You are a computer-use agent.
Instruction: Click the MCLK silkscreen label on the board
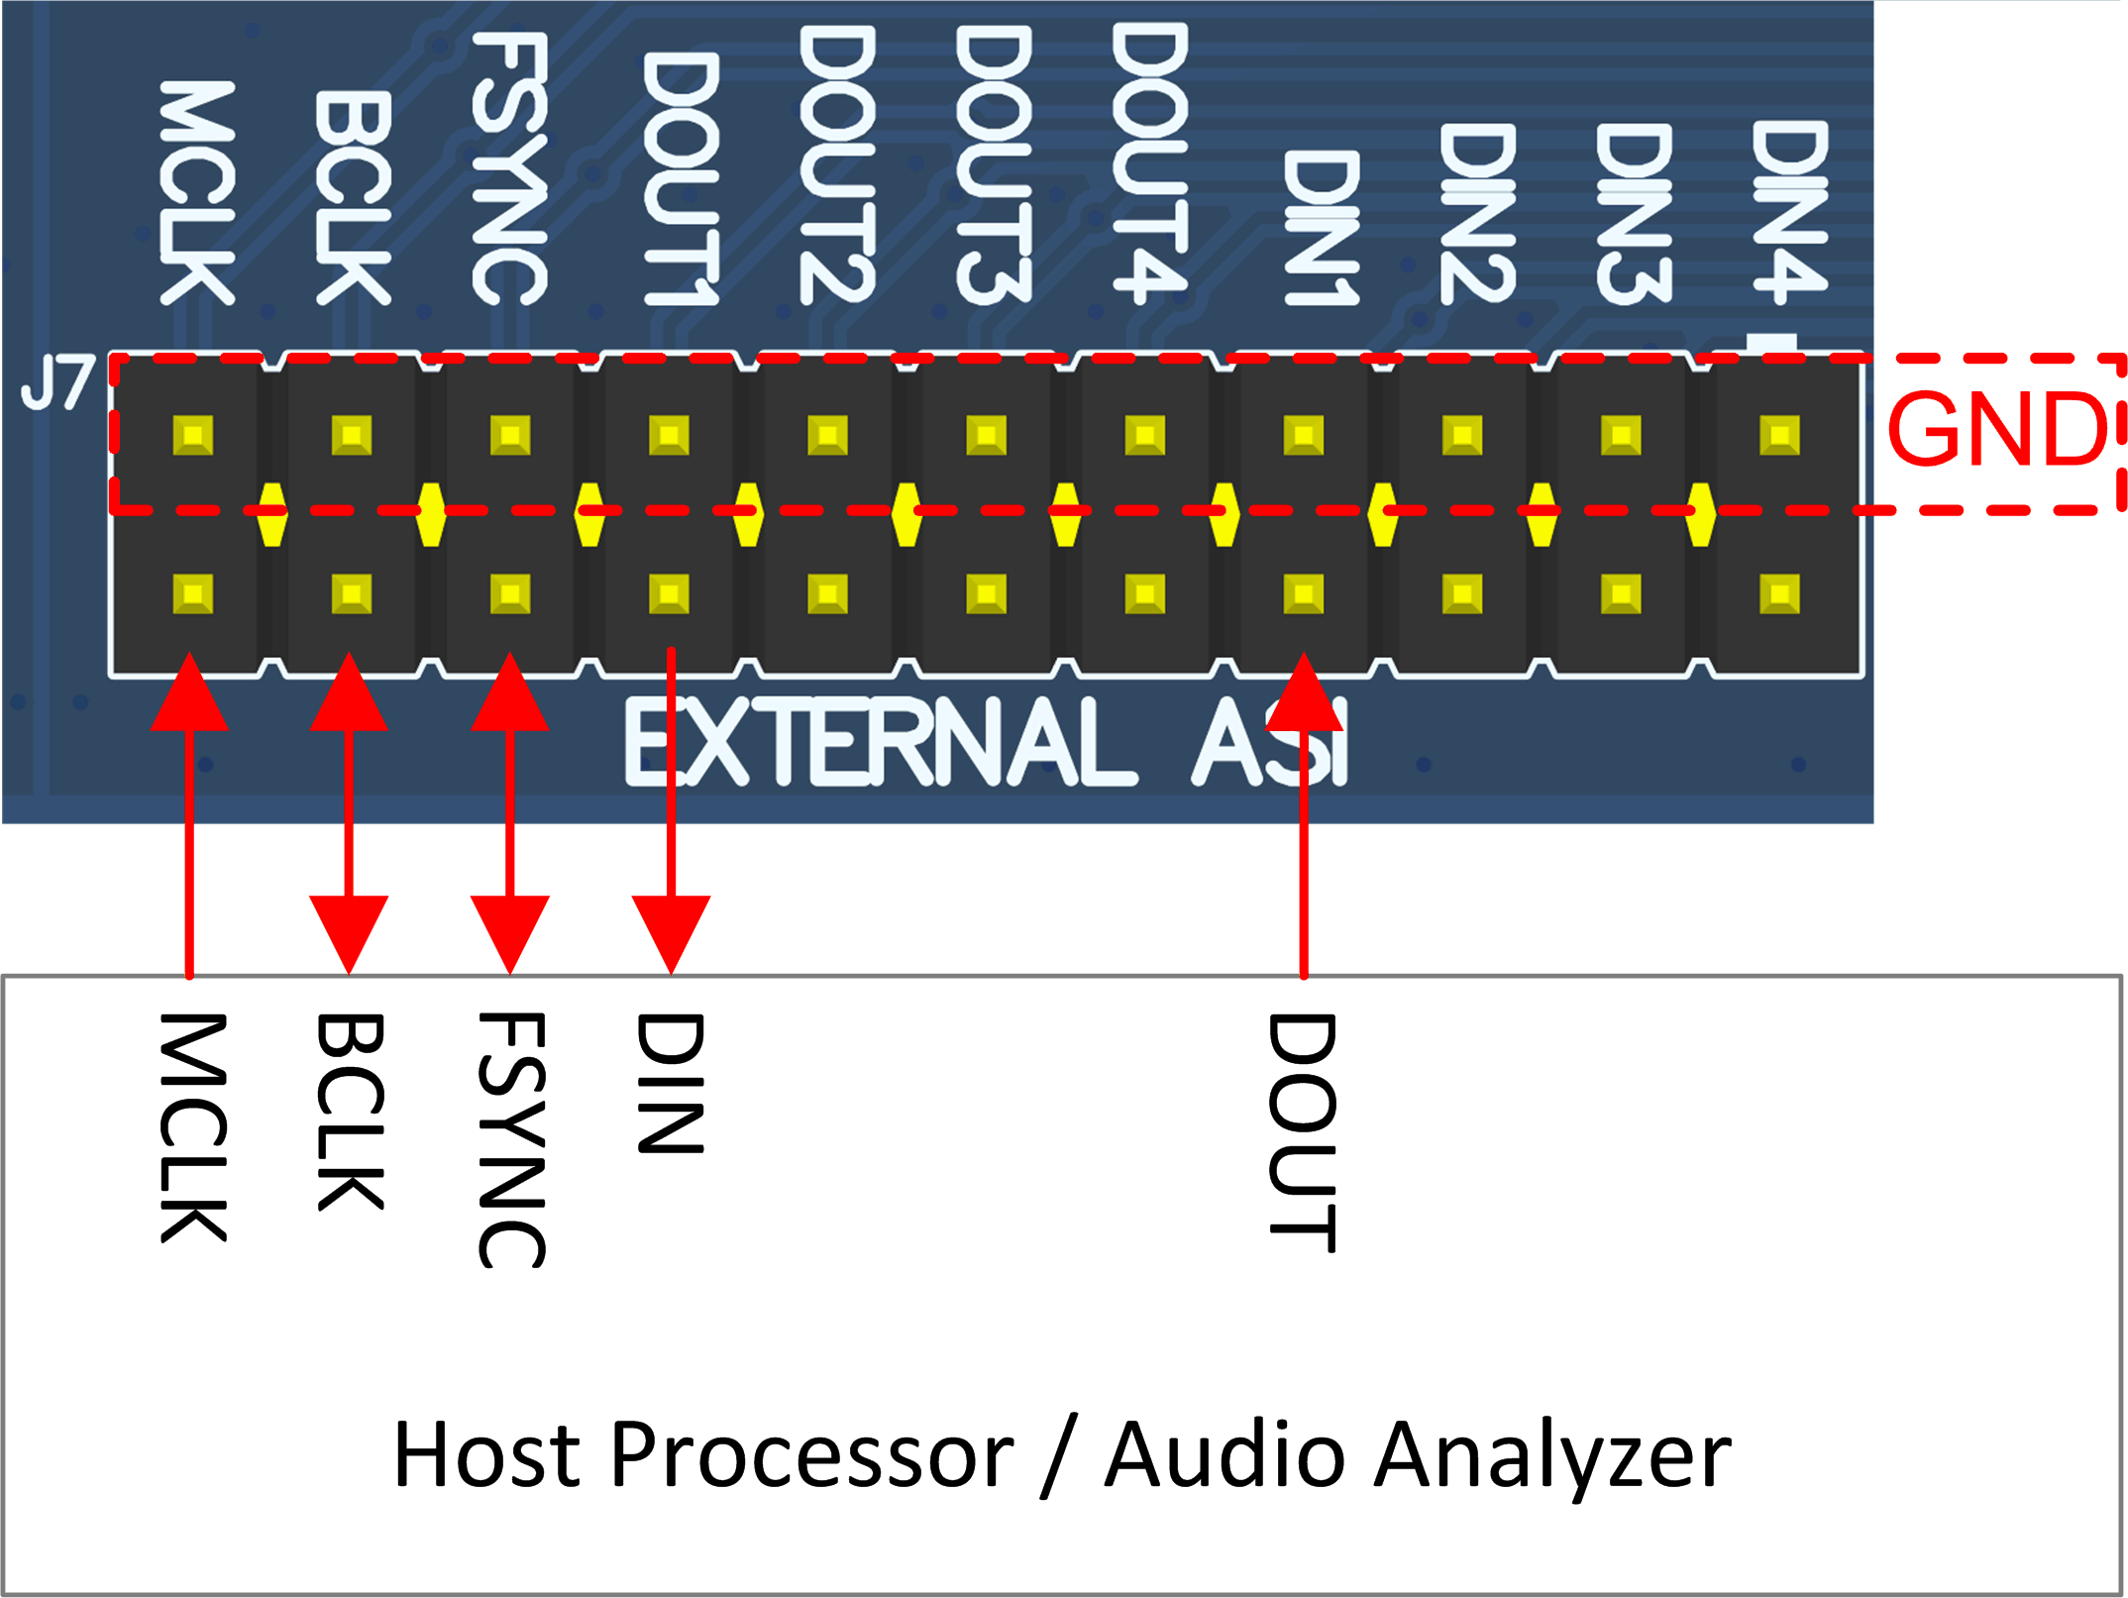pyautogui.click(x=196, y=193)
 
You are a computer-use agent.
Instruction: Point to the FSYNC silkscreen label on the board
pyautogui.click(x=509, y=168)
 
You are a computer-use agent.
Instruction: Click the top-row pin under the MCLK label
pyautogui.click(x=193, y=435)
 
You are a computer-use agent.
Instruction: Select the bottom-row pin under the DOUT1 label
pyautogui.click(x=669, y=594)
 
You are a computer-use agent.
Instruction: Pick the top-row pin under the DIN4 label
pyautogui.click(x=1779, y=435)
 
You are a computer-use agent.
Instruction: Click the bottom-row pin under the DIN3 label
pyautogui.click(x=1621, y=594)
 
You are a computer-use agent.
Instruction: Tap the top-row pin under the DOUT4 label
pyautogui.click(x=1145, y=435)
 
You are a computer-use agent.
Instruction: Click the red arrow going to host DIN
pyautogui.click(x=671, y=812)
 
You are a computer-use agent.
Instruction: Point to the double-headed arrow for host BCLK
pyautogui.click(x=349, y=812)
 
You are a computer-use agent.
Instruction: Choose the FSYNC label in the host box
pyautogui.click(x=511, y=1139)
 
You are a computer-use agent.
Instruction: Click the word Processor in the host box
pyautogui.click(x=812, y=1455)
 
